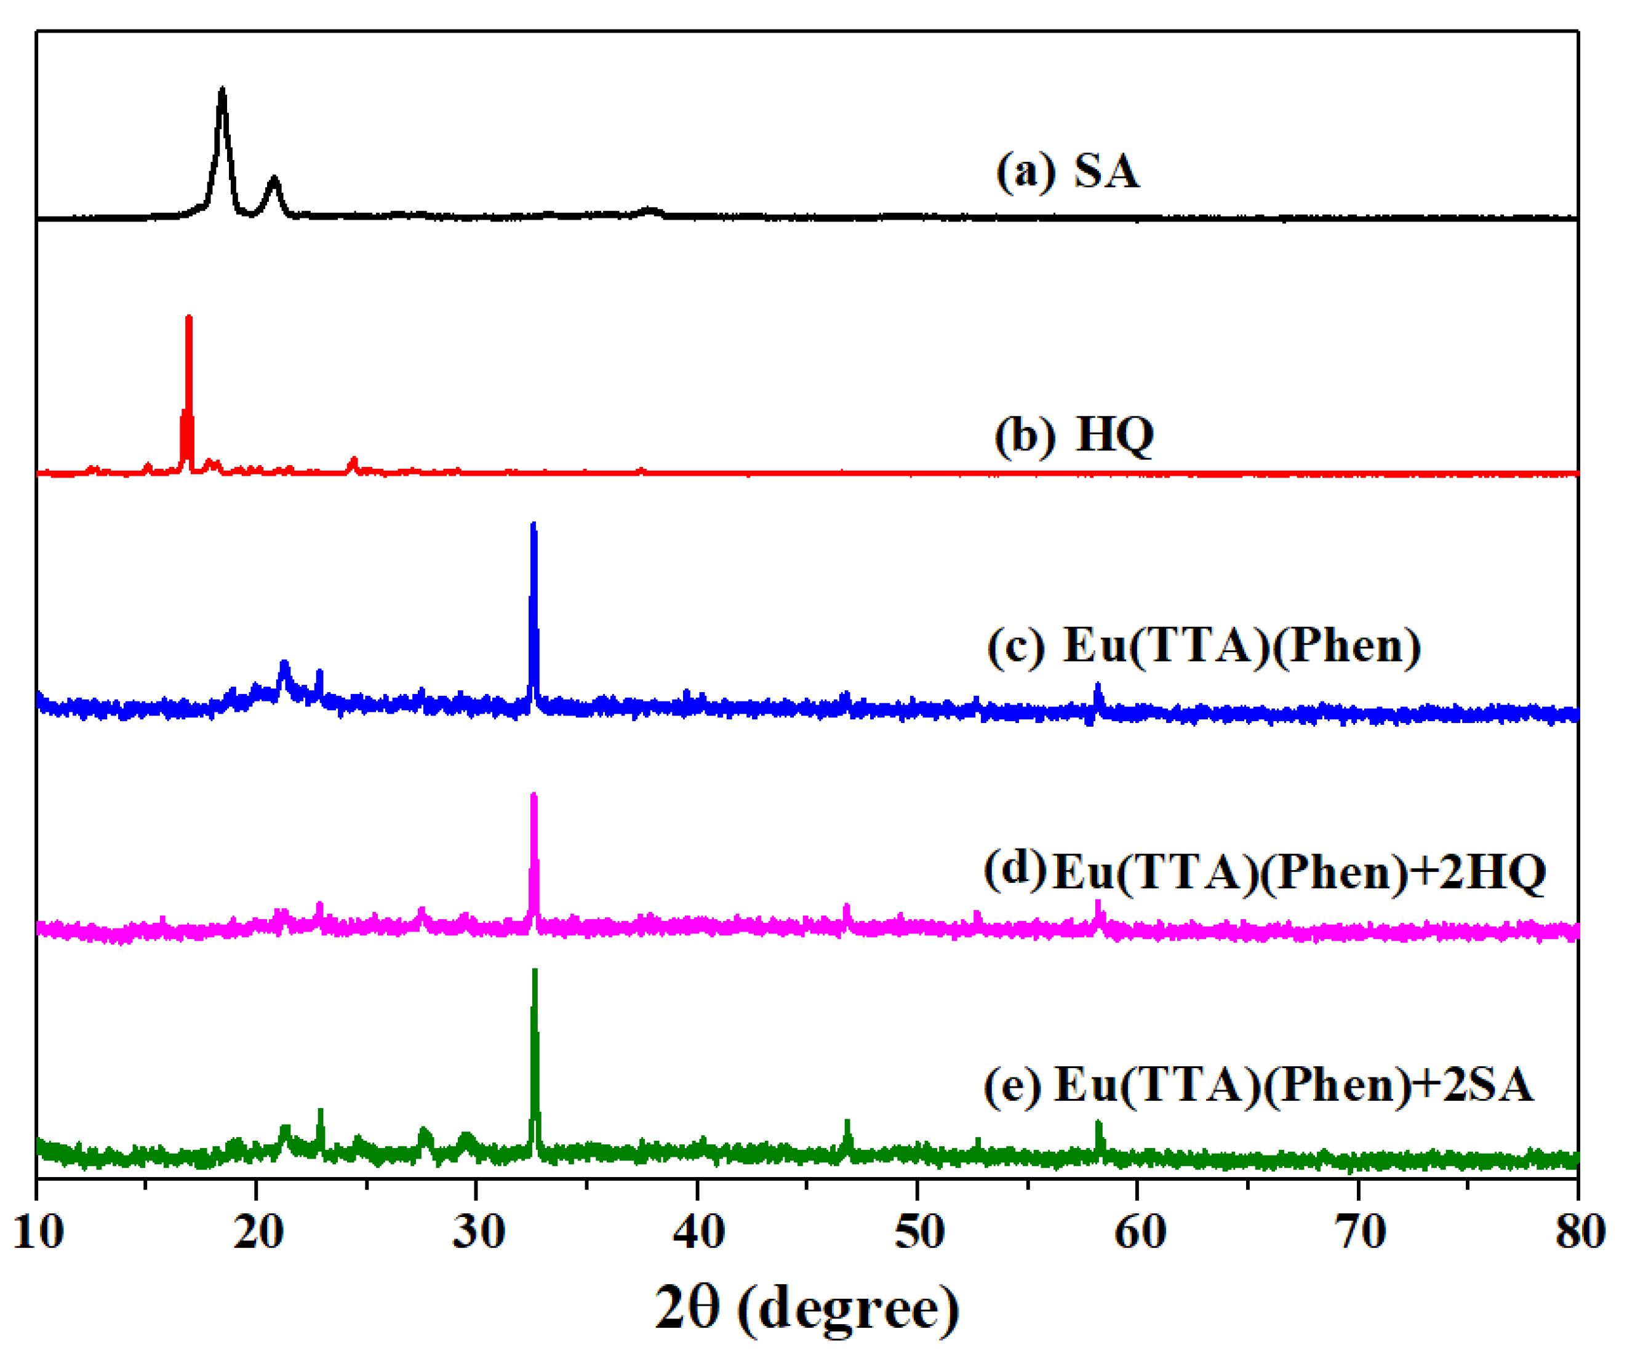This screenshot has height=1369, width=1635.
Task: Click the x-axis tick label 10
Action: coord(38,1234)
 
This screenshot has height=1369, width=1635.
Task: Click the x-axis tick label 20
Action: coord(258,1234)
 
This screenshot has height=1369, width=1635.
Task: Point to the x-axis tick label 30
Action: coord(478,1234)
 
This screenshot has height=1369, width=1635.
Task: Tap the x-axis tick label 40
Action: coord(698,1234)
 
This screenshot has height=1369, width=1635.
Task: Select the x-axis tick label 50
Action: coord(919,1234)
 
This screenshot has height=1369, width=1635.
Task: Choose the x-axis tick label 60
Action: coord(1139,1234)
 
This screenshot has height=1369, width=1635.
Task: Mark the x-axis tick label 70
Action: coord(1359,1234)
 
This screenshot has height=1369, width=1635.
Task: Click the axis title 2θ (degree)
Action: coord(807,1310)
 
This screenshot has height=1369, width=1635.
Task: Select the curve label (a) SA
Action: coord(1068,170)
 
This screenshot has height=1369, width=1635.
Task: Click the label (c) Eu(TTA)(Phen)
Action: coord(1204,645)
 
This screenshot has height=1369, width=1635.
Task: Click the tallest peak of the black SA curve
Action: coord(223,92)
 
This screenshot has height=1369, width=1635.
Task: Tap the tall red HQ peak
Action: coord(188,319)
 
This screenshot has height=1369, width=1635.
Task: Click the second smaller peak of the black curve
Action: coord(273,180)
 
